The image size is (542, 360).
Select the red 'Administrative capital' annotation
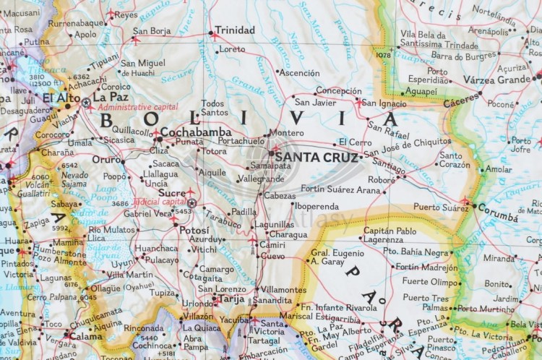(137, 106)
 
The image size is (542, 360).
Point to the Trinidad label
(235, 30)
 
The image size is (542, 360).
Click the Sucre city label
(172, 194)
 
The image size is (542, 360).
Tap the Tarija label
(231, 298)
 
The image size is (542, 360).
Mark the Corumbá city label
(498, 216)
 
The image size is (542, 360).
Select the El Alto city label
(61, 97)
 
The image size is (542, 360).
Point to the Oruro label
(106, 159)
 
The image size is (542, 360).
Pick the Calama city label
(86, 336)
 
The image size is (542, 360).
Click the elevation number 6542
(69, 165)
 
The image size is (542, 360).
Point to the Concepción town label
(338, 91)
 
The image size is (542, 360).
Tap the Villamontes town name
(283, 288)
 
